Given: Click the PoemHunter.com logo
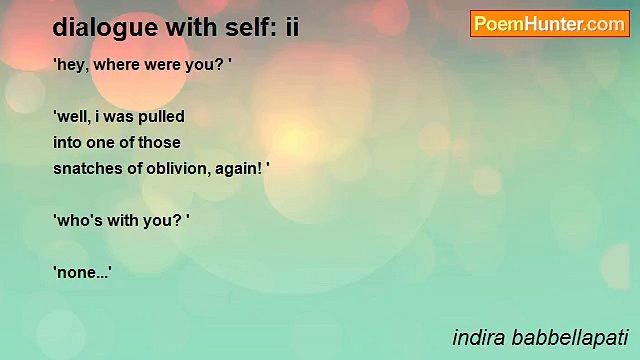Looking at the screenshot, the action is click(550, 24).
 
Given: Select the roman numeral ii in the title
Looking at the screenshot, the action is click(292, 27).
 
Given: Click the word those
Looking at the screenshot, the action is click(159, 143).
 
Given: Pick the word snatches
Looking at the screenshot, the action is click(88, 169).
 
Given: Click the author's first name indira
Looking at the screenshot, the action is click(478, 338).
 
